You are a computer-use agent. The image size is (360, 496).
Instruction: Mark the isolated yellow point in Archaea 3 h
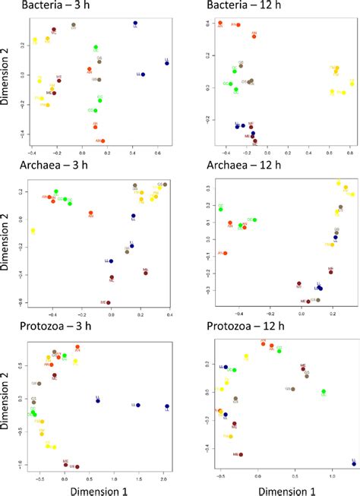pos(33,230)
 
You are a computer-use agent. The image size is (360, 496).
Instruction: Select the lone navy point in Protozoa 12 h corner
pos(353,463)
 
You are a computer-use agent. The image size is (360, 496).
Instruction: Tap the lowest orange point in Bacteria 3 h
pos(103,140)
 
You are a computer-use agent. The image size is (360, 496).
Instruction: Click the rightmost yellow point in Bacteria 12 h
pos(352,83)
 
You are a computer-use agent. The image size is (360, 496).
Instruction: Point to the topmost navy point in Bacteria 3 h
pos(134,24)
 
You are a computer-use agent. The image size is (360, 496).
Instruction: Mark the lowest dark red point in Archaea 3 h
pos(108,303)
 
